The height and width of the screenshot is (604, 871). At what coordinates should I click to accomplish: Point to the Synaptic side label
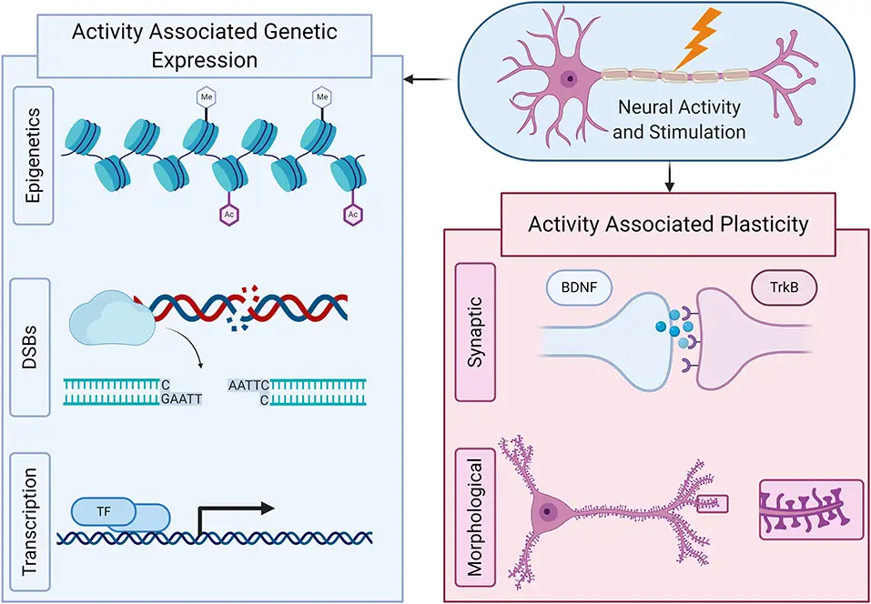475,331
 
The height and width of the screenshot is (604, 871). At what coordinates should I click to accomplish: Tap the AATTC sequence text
249,385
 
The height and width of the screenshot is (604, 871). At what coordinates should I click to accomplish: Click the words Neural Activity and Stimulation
678,119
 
